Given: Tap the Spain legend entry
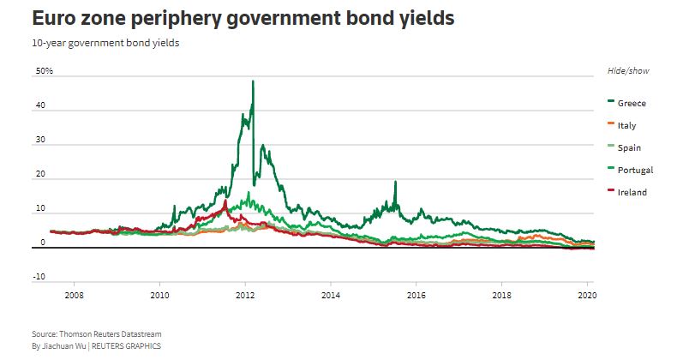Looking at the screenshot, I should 628,147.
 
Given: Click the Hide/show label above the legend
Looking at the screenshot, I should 622,70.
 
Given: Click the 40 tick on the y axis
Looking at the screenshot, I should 41,108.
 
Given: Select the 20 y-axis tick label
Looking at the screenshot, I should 41,176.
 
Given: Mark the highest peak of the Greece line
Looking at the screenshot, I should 253,81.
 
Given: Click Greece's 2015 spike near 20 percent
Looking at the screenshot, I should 395,182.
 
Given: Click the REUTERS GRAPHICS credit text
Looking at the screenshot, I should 127,345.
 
